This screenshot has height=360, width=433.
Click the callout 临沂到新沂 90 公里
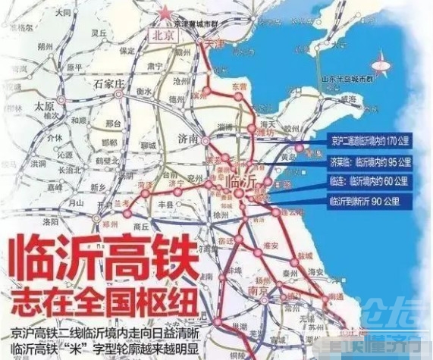369,202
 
